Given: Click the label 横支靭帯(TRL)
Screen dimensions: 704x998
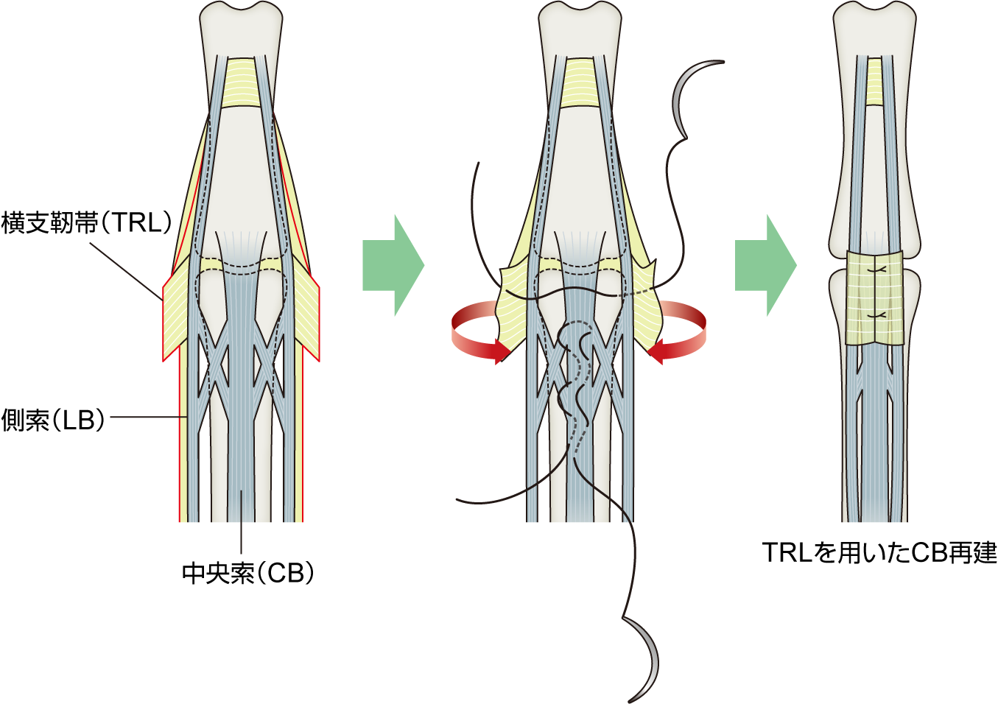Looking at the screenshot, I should click(87, 222).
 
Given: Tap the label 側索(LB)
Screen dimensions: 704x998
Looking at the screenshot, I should click(54, 420).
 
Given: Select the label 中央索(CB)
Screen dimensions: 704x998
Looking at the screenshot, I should click(248, 573).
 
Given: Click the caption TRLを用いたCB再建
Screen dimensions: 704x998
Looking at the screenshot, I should click(879, 552).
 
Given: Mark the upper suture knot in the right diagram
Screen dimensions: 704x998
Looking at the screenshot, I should click(875, 271).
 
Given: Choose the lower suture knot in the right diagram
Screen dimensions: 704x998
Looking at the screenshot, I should click(875, 315).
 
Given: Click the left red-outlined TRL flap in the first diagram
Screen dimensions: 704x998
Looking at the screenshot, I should click(177, 317).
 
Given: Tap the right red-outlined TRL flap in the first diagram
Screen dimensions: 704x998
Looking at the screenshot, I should click(307, 317).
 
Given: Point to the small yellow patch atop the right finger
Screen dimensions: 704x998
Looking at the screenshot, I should click(874, 81).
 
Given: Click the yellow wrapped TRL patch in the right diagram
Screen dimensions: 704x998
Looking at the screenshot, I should click(874, 298).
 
